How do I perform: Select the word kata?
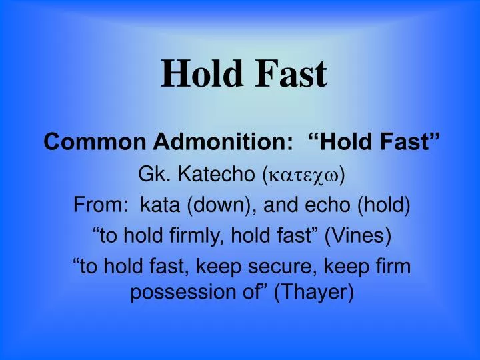[160, 205]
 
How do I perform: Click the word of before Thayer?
[247, 293]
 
